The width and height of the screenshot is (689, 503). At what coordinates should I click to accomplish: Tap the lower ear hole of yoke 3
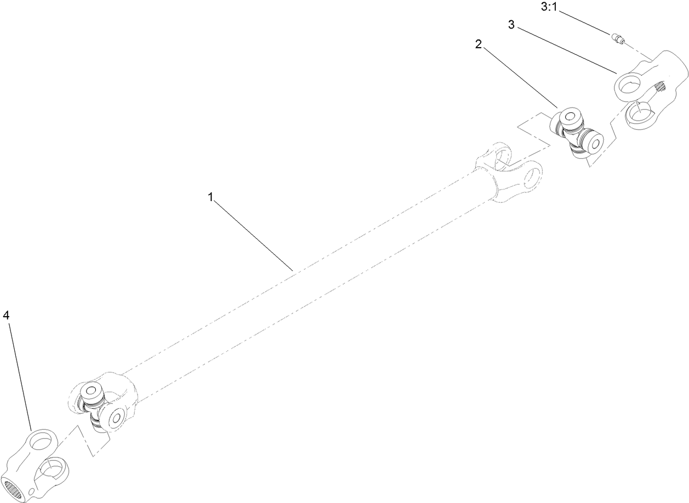coord(638,113)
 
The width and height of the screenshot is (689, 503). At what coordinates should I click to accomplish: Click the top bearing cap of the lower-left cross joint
coord(90,392)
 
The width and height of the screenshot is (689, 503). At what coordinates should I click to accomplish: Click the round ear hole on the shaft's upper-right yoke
coord(532,176)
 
